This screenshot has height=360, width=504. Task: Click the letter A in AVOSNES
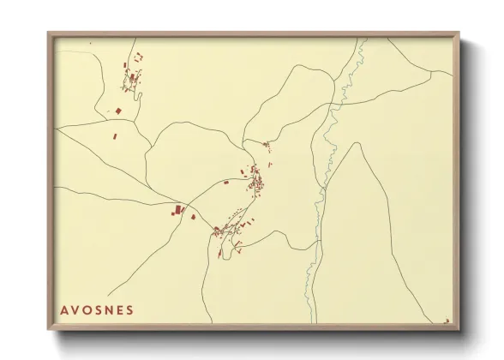pyautogui.click(x=63, y=309)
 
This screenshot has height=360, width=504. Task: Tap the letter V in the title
pyautogui.click(x=75, y=309)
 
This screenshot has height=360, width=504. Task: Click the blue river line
pyautogui.click(x=325, y=171)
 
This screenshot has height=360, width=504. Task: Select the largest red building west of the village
pyautogui.click(x=178, y=208)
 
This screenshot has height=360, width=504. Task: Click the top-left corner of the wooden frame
pyautogui.click(x=49, y=33)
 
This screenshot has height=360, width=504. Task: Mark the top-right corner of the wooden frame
pyautogui.click(x=459, y=33)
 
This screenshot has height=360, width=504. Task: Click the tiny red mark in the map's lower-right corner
pyautogui.click(x=447, y=321)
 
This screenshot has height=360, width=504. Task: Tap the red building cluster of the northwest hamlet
pyautogui.click(x=133, y=78)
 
